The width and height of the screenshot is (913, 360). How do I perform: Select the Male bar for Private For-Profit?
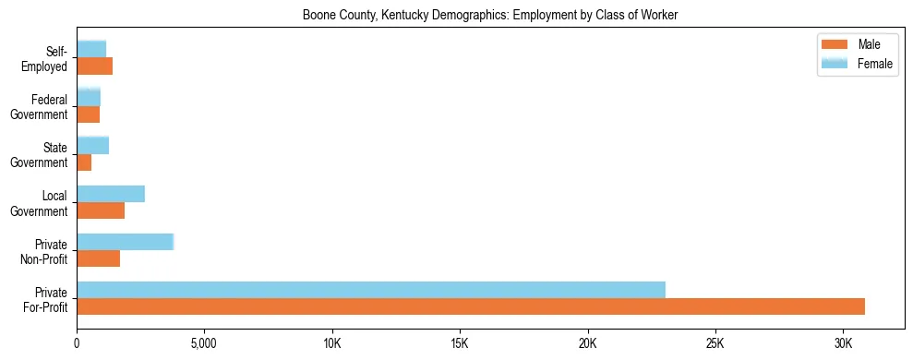471,306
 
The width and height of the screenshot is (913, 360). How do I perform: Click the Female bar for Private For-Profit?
371,290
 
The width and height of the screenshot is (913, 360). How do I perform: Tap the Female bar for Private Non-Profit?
125,242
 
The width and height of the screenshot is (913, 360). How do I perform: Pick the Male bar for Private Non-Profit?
98,258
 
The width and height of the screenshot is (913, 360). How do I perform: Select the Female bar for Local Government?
111,194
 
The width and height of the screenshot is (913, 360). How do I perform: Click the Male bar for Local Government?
101,210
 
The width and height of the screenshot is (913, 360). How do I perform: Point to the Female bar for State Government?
92,145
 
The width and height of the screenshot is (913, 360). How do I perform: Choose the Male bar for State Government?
84,162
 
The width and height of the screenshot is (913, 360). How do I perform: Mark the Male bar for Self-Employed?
94,66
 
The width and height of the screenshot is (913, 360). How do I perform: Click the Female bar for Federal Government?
89,97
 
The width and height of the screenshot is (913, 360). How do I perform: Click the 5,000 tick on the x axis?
204,342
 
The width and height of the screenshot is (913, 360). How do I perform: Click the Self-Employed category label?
47,58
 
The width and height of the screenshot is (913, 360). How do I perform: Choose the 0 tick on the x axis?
77,342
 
